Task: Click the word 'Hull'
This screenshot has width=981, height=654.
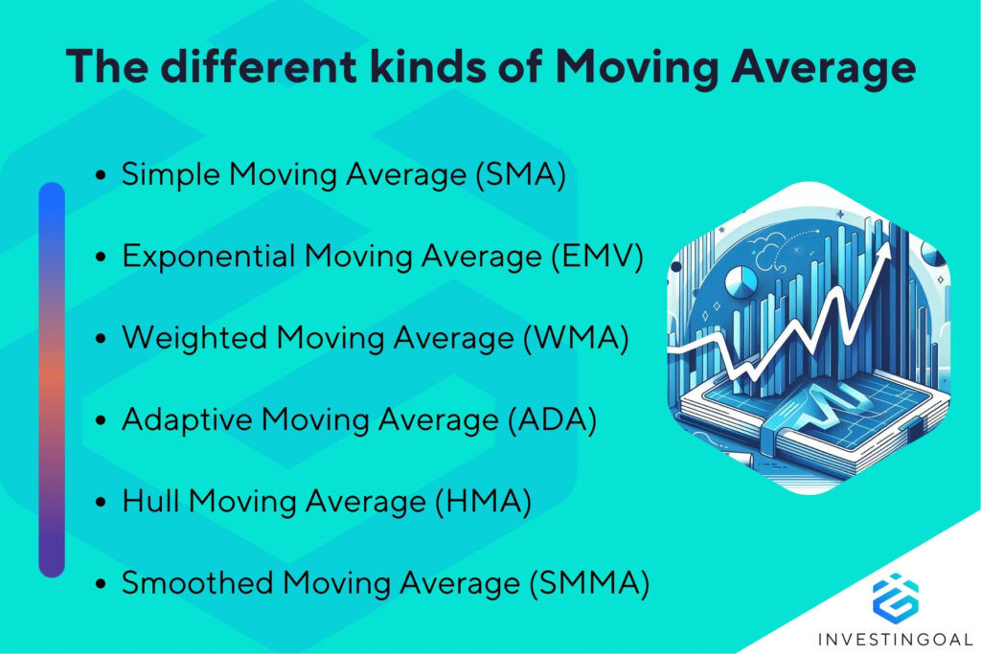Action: pos(145,501)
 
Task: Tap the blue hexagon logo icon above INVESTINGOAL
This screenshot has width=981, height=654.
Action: pos(895,596)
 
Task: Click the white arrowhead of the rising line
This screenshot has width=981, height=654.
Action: pos(881,250)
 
